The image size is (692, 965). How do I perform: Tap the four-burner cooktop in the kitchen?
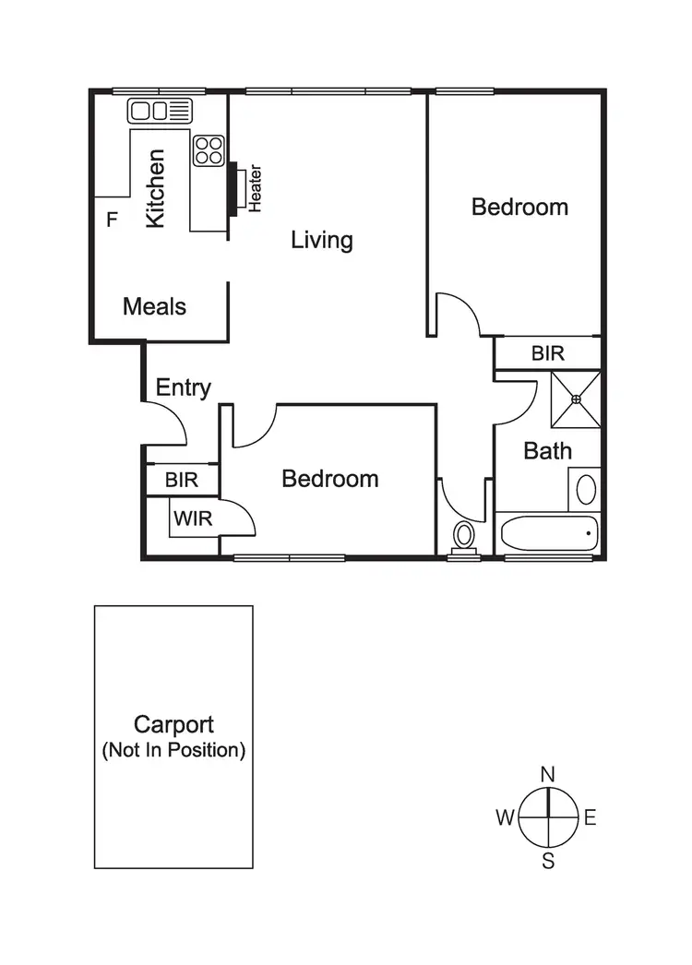[x=209, y=150]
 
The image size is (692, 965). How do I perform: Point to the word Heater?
[x=256, y=188]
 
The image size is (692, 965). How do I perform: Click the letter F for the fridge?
[x=113, y=220]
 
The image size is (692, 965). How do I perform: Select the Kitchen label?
[x=156, y=189]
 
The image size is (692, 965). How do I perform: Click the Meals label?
[x=155, y=306]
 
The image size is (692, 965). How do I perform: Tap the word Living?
[x=322, y=240]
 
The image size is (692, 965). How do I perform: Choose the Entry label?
[x=183, y=387]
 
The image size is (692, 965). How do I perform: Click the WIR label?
[x=193, y=518]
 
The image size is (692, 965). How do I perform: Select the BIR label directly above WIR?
[x=182, y=480]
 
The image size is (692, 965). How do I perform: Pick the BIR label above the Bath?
[x=547, y=353]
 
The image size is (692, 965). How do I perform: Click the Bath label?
[x=547, y=451]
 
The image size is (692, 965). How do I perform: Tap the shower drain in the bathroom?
[x=576, y=399]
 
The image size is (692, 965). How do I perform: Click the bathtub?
[x=547, y=533]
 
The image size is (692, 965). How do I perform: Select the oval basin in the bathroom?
[x=586, y=488]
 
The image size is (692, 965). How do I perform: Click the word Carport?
[x=173, y=724]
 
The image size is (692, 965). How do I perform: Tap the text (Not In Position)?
[x=173, y=750]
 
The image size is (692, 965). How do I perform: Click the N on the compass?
[x=547, y=773]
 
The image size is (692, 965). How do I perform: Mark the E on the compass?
[x=591, y=816]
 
